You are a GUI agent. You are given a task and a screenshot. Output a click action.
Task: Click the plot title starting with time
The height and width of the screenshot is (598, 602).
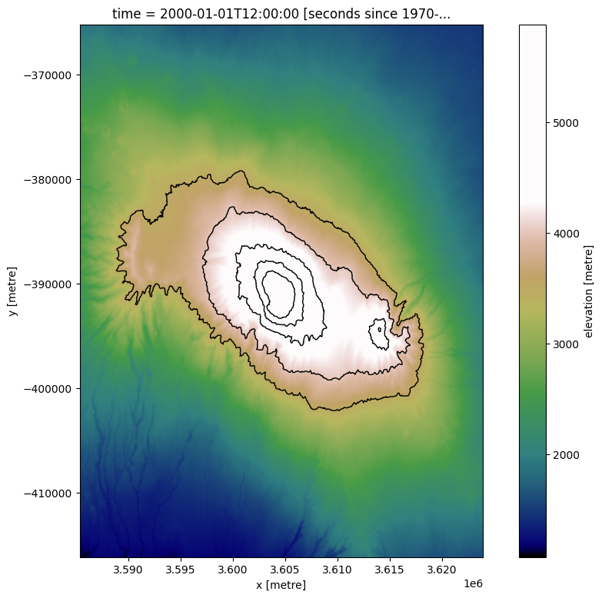pyautogui.click(x=281, y=13)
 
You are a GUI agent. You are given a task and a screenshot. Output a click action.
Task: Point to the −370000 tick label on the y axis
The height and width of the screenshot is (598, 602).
pyautogui.click(x=48, y=75)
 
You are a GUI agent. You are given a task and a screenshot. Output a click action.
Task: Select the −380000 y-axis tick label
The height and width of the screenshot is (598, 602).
pyautogui.click(x=48, y=180)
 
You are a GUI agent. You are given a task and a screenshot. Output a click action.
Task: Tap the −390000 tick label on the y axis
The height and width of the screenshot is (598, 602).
pyautogui.click(x=48, y=284)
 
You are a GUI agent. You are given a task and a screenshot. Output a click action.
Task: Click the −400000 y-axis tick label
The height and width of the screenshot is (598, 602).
pyautogui.click(x=48, y=389)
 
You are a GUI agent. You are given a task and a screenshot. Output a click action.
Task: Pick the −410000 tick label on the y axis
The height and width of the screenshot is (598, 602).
pyautogui.click(x=48, y=493)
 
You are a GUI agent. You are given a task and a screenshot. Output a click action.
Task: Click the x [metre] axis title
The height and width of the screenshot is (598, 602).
pyautogui.click(x=281, y=585)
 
